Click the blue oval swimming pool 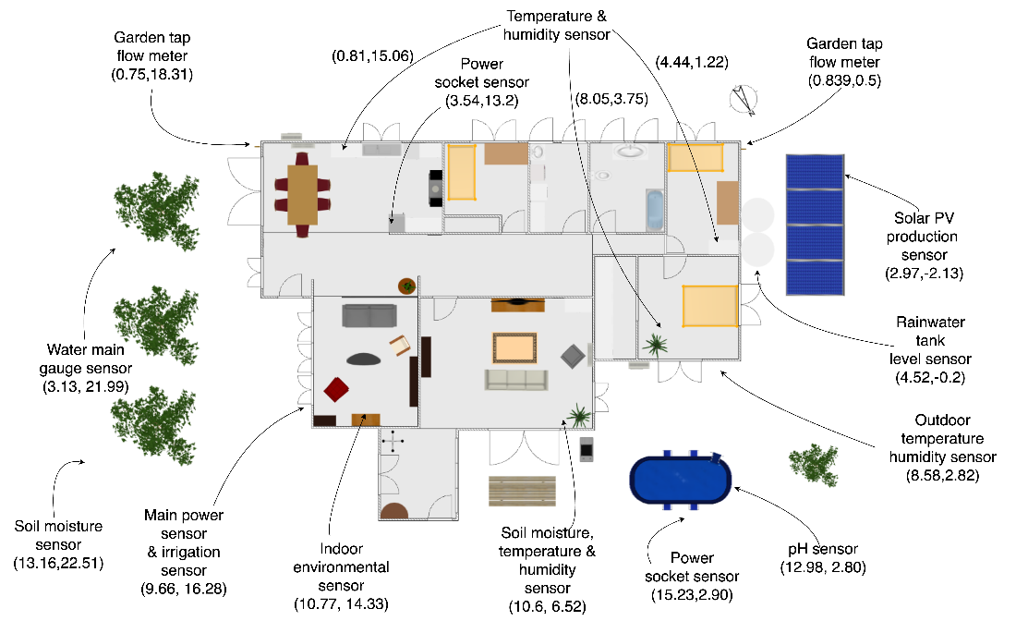(x=681, y=480)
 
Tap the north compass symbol (x=744, y=101)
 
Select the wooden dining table (x=303, y=194)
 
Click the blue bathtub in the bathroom (x=655, y=210)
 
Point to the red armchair (x=336, y=390)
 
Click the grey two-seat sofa (x=369, y=316)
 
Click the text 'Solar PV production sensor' (x=923, y=237)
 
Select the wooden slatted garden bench (x=522, y=491)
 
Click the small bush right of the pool (x=814, y=464)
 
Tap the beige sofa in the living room (x=516, y=380)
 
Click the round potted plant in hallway (x=407, y=286)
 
